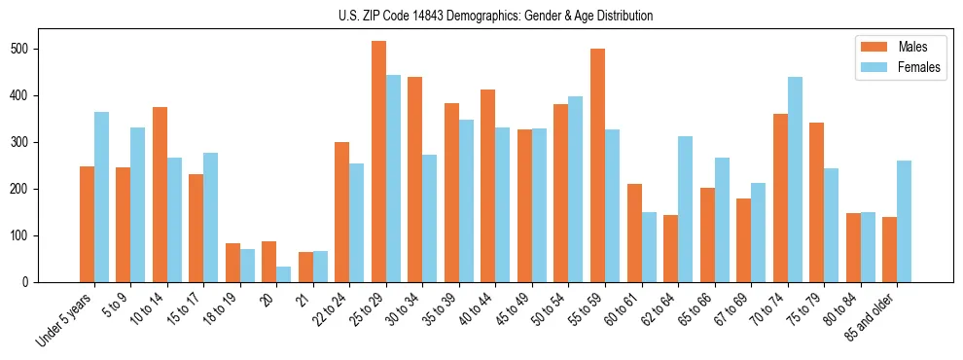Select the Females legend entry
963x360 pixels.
pos(904,68)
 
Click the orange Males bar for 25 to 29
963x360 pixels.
pos(378,162)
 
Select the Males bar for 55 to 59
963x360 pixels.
pos(597,165)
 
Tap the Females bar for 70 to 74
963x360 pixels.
pos(795,180)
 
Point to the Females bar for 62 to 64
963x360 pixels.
pos(685,209)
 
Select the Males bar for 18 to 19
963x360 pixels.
pos(232,263)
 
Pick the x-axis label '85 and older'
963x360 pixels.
pos(871,317)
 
